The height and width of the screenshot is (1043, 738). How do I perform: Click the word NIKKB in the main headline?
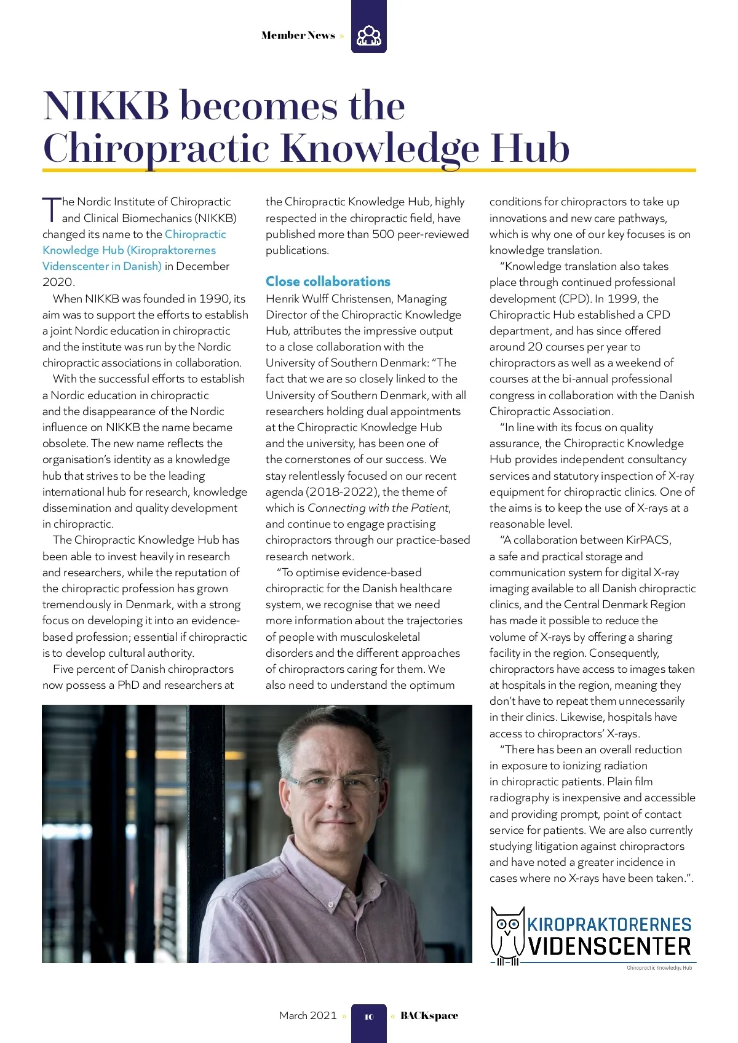(x=106, y=106)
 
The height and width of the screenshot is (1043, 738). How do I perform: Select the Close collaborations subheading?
(x=328, y=282)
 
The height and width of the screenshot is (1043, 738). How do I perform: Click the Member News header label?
(x=298, y=35)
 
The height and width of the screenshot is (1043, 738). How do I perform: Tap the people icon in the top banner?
(x=369, y=35)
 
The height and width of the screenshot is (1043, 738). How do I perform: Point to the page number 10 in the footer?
(x=369, y=1017)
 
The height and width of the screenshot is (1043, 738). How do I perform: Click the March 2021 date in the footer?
(x=307, y=1015)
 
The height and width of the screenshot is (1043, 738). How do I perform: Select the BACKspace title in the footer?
(x=429, y=1015)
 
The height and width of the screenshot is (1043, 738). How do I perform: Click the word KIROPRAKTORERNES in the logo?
(x=609, y=924)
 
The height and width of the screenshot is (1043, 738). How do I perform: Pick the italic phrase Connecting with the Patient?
(x=378, y=508)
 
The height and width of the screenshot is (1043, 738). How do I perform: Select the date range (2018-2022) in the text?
(x=342, y=492)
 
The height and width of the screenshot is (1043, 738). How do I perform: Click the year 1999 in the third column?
(x=623, y=299)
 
